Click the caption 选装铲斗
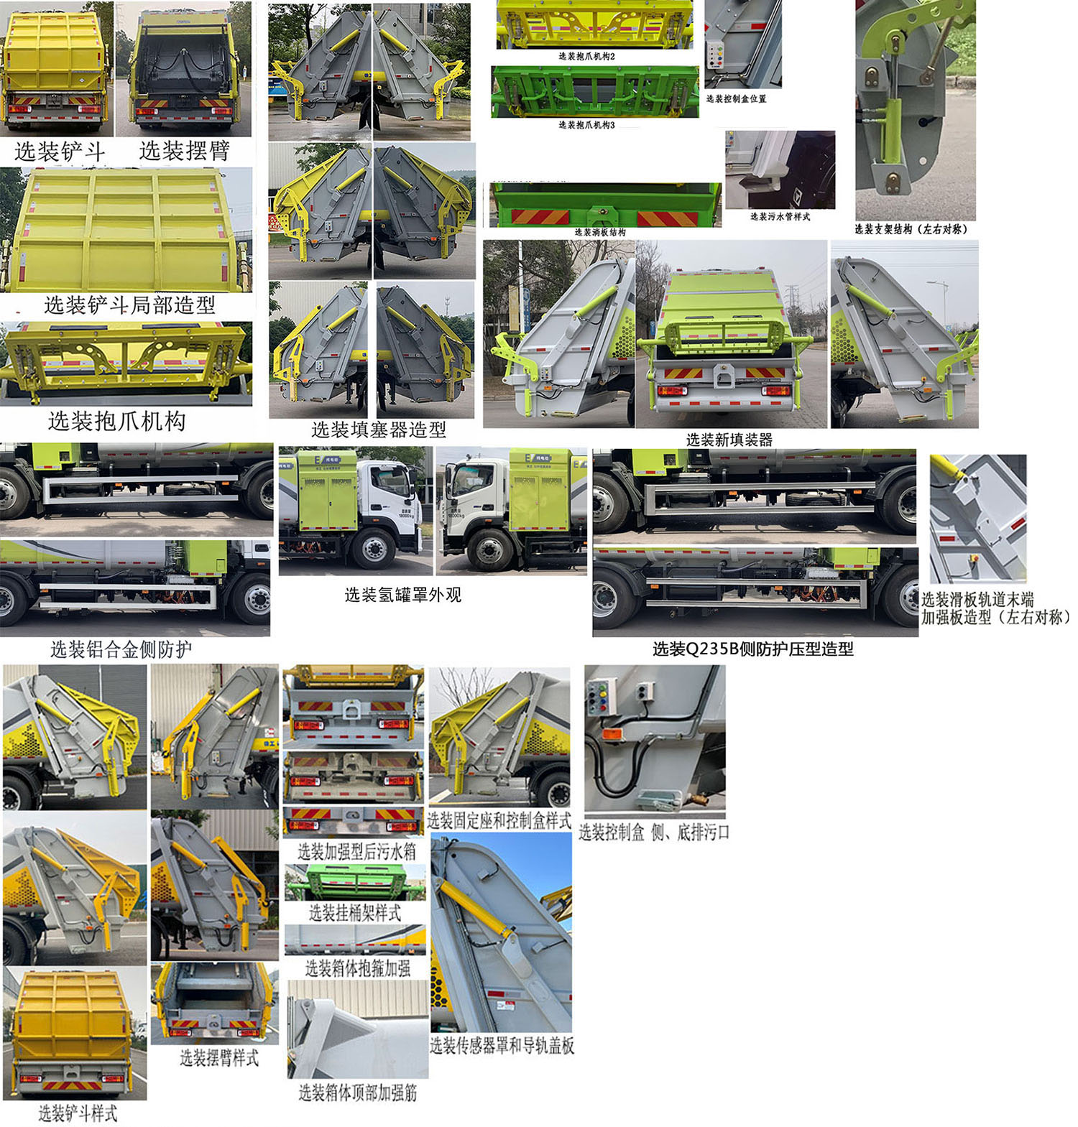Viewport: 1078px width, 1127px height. coord(60,152)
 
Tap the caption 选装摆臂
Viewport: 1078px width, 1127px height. coord(184,151)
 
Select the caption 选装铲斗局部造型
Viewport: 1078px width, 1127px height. coord(129,305)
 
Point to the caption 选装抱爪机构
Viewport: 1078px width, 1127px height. coord(116,421)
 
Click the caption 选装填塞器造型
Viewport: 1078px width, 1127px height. coord(379,430)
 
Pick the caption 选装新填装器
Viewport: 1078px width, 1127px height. coord(729,440)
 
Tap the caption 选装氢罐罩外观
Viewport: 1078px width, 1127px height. coord(402,595)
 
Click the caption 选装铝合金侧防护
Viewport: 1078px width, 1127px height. coord(121,650)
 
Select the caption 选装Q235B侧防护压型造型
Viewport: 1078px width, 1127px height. coord(752,649)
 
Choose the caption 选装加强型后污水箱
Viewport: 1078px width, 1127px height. coord(356,852)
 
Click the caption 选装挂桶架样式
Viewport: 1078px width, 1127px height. coord(355,913)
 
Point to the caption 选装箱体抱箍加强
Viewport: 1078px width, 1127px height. coord(358,968)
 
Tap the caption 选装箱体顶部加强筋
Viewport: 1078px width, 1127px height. coord(358,1093)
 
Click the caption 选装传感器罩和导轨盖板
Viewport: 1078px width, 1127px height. coord(502,1046)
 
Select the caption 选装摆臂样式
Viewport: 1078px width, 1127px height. coord(219,1057)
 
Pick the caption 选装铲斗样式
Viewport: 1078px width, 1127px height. coord(78,1113)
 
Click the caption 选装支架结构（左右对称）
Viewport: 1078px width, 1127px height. coord(911,229)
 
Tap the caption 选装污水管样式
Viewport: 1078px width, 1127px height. coord(780,216)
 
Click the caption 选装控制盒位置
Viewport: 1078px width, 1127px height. coord(736,98)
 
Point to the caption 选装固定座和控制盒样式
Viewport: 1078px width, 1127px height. coord(499,820)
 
